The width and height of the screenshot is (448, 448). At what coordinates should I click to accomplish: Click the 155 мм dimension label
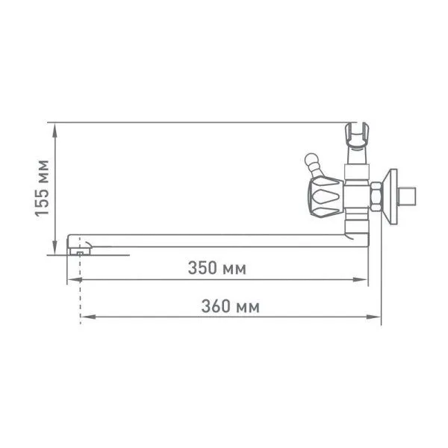(x=42, y=187)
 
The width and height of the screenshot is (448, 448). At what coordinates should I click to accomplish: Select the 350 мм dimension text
(x=217, y=268)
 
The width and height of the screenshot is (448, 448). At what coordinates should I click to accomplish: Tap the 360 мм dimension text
(x=231, y=306)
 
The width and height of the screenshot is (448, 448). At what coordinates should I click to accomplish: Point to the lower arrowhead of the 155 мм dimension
(x=55, y=247)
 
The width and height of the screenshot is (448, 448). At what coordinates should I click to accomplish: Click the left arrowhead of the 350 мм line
(x=75, y=280)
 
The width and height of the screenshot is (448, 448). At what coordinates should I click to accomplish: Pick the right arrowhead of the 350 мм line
(x=360, y=280)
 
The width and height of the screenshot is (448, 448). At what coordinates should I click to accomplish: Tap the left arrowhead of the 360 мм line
(x=87, y=317)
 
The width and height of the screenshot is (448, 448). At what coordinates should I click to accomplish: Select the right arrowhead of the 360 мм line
(x=374, y=317)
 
